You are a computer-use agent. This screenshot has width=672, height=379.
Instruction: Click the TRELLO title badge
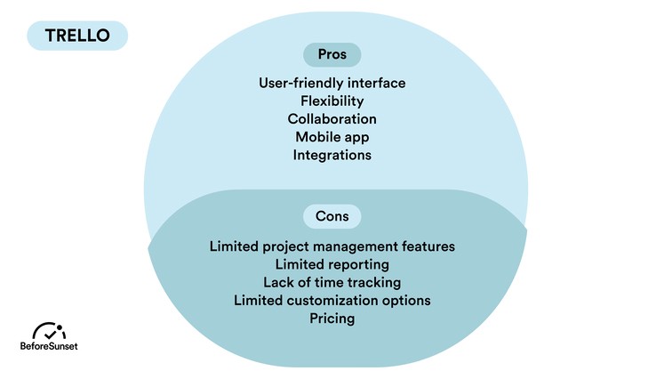[x=77, y=36]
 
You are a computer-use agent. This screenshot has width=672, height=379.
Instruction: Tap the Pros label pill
[x=332, y=54]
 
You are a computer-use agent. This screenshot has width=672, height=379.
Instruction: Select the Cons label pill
[x=332, y=216]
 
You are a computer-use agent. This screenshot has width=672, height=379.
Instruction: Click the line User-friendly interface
[x=332, y=83]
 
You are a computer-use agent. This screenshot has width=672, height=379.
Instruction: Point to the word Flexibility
[x=332, y=101]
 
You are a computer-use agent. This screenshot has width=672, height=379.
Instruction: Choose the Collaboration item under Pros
[x=332, y=119]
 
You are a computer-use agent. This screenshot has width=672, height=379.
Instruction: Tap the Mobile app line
[x=332, y=137]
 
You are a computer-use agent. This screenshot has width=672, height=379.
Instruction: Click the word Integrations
[x=332, y=155]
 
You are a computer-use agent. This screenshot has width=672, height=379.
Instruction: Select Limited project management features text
[x=332, y=246]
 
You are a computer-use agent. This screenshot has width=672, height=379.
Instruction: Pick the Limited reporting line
[x=332, y=264]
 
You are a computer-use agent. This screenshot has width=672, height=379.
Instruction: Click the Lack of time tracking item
[x=332, y=282]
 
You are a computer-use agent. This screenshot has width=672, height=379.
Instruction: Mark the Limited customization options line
[x=332, y=301]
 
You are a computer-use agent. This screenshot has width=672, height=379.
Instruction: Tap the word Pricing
[x=332, y=319]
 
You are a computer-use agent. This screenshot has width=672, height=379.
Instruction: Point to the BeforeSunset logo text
[x=49, y=346]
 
